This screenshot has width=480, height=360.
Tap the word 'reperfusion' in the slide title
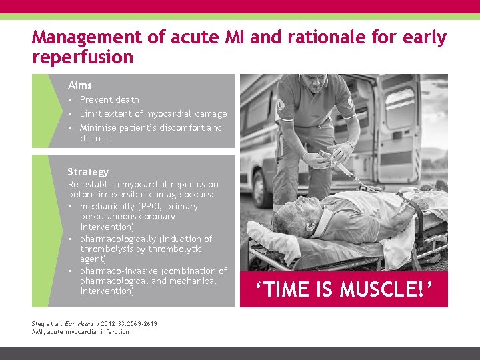(x=83, y=57)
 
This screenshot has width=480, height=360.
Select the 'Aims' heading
(x=80, y=85)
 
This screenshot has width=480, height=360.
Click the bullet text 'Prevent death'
(x=109, y=100)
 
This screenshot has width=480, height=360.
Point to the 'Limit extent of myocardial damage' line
(x=153, y=114)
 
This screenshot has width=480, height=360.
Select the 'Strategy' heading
(x=88, y=172)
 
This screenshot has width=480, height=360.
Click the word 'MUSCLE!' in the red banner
(x=387, y=290)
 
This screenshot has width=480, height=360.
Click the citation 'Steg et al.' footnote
(x=48, y=324)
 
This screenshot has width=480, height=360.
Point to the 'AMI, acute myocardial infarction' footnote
(x=81, y=332)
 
